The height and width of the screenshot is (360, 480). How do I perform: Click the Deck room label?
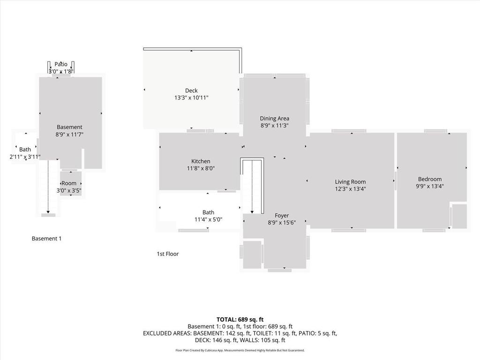tap(191, 90)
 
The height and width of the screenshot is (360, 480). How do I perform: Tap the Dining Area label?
tap(274, 119)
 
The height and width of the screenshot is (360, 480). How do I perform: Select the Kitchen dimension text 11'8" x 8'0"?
tap(201, 168)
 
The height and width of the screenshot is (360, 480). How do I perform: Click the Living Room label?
tap(350, 182)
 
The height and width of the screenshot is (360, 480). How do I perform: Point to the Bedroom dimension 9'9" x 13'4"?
tap(430, 186)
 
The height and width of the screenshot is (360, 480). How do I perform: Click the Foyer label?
tap(282, 216)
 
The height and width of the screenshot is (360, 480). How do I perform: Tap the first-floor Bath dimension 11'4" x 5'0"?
tap(208, 219)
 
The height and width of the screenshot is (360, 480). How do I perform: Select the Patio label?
tap(61, 64)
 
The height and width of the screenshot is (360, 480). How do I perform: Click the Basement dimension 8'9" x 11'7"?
tap(69, 135)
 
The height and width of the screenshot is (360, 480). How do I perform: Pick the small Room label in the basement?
tap(69, 183)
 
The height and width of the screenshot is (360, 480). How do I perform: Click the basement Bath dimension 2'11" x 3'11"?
tap(25, 157)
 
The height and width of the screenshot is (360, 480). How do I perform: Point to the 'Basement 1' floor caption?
tap(46, 239)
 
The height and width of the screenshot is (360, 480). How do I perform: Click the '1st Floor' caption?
tap(168, 254)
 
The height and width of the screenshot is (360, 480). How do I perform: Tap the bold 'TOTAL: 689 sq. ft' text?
tap(240, 320)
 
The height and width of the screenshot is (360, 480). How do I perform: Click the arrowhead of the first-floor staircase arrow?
tap(252, 212)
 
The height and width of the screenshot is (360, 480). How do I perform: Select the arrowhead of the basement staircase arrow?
tap(48, 212)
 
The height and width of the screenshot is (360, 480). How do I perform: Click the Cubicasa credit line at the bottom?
tap(240, 350)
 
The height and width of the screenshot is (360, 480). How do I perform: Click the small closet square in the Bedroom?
tap(459, 216)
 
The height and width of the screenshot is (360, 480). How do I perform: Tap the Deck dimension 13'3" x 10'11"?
tap(191, 98)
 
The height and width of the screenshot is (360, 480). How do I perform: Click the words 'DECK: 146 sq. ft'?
tap(216, 340)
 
